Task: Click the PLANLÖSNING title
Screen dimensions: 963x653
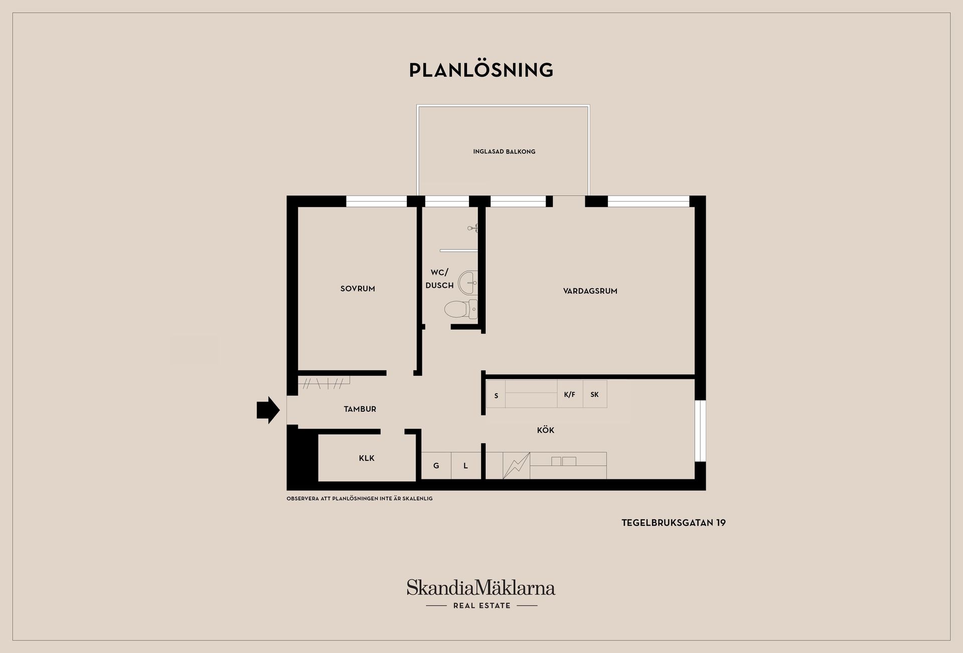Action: [x=481, y=70]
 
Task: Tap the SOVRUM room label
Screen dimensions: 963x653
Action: [x=358, y=289]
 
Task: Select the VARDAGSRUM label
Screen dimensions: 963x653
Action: [x=590, y=291]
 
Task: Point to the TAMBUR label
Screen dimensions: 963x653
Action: [x=360, y=409]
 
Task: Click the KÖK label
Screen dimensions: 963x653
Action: [x=545, y=430]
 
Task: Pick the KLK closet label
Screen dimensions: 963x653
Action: [x=367, y=458]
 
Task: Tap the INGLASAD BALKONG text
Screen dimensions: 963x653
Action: [x=504, y=151]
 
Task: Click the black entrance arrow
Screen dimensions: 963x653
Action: [x=268, y=410]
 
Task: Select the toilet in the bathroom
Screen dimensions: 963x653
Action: [x=461, y=309]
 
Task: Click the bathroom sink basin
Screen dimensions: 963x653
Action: [x=468, y=283]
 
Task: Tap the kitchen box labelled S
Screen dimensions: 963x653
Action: [x=496, y=394]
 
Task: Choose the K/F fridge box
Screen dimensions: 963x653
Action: [x=570, y=394]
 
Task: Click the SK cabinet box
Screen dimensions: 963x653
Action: [x=595, y=394]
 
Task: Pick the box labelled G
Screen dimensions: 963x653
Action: [x=436, y=466]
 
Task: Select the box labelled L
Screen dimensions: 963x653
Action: [x=466, y=466]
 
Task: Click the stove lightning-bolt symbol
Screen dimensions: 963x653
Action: [x=516, y=466]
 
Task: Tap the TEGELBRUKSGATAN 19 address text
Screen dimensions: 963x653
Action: [x=674, y=523]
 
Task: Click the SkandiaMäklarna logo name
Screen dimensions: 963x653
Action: [x=481, y=588]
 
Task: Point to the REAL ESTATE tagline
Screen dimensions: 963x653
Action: [x=481, y=606]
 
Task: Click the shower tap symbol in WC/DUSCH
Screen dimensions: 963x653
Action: [x=472, y=228]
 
